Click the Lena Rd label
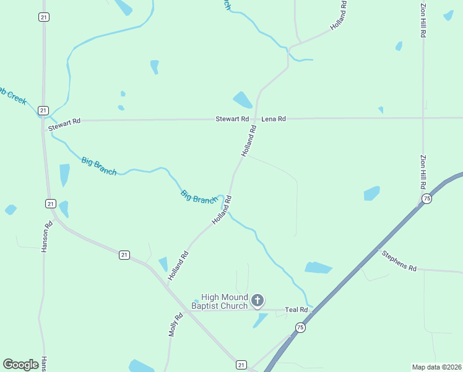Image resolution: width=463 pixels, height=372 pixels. point(273,118)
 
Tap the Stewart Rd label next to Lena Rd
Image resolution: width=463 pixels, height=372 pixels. point(232,118)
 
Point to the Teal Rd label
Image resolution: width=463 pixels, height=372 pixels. point(296,309)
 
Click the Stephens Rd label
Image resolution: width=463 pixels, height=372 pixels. point(399,260)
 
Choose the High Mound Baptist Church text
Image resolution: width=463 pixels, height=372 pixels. point(219,301)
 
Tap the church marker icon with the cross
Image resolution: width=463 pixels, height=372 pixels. point(257,301)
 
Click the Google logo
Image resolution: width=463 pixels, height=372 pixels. point(20,365)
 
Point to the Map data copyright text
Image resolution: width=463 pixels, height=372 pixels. point(436,367)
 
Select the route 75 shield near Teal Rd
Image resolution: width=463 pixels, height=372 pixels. point(300,327)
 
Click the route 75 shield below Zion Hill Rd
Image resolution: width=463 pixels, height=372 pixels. point(426,198)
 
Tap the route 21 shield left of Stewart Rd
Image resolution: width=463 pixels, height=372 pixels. point(43,110)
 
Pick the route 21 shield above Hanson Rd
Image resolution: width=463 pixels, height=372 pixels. point(51,203)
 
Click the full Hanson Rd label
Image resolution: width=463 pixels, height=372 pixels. point(46,237)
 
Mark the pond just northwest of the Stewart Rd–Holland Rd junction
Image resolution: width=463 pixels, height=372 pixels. point(242,100)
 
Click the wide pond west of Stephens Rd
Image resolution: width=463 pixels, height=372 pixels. point(318,268)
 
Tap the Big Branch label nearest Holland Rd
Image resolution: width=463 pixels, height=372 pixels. point(198,197)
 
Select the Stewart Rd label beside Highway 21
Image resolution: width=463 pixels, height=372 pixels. point(64,125)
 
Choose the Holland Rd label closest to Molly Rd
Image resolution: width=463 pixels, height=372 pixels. point(178,264)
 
